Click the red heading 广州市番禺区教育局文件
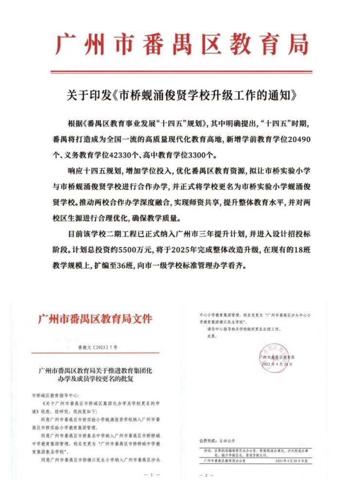pyautogui.click(x=95, y=320)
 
